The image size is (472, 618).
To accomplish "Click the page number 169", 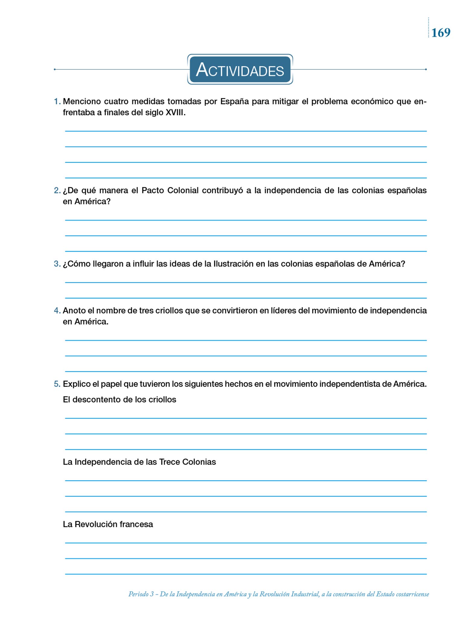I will [441, 33].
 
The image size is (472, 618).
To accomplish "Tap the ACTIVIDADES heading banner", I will [240, 69].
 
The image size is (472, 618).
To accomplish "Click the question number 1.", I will [57, 101].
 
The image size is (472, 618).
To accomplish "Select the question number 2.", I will [57, 190].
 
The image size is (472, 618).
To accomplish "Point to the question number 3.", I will [57, 264].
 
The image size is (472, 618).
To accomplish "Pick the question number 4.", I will [57, 311].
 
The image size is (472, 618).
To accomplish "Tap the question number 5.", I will [57, 384].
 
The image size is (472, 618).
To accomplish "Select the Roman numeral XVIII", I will [175, 113].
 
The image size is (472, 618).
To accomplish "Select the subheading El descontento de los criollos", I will [119, 400].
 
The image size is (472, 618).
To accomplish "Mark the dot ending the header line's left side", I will [55, 69].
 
